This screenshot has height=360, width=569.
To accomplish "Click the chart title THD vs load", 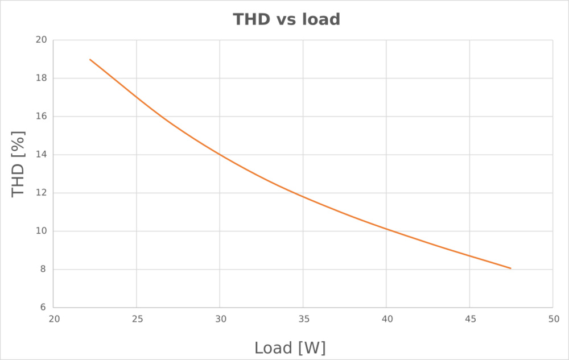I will point(287,19).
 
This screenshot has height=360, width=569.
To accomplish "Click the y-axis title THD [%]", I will point(19,164).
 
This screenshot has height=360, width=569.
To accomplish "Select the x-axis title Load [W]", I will point(290,347).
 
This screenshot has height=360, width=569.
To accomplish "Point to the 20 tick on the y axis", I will point(41,40).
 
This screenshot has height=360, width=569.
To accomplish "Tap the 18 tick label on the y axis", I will point(41,78).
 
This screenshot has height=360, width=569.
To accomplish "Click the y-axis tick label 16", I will point(41,117).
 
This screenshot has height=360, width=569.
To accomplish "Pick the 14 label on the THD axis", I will point(41,155).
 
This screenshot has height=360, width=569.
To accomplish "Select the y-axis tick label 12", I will point(41,193).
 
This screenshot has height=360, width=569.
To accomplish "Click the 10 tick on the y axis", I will point(41,231).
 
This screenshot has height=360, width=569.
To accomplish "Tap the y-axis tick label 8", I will point(43,270).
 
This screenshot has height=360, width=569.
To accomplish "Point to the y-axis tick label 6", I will point(43,308).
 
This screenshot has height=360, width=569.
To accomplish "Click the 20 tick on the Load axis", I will point(53,319).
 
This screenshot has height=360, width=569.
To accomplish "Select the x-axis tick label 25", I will point(137,319).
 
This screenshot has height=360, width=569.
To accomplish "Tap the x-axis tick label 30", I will point(220,319).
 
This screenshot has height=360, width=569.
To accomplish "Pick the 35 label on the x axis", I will point(303,319).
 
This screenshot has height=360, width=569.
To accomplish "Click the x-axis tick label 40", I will point(386,319).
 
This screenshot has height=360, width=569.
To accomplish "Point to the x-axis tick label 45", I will point(469,319).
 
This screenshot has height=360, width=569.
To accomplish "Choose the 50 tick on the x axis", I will point(552,319).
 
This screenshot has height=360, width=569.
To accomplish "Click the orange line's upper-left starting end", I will point(90,59).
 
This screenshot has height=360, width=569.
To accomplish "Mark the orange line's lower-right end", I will point(510,268).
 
